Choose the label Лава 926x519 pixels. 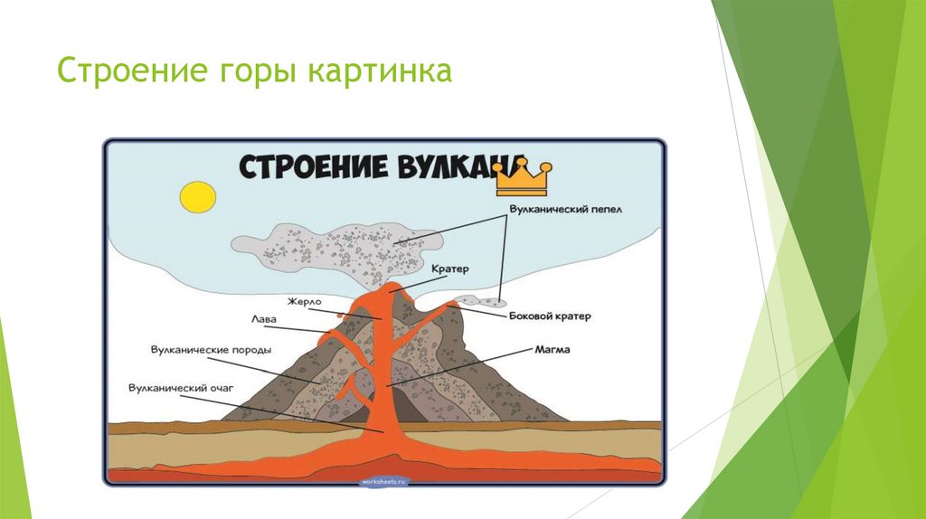pyautogui.click(x=265, y=319)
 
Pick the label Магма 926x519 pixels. pyautogui.click(x=551, y=347)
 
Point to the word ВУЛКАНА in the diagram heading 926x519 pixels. pyautogui.click(x=449, y=167)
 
